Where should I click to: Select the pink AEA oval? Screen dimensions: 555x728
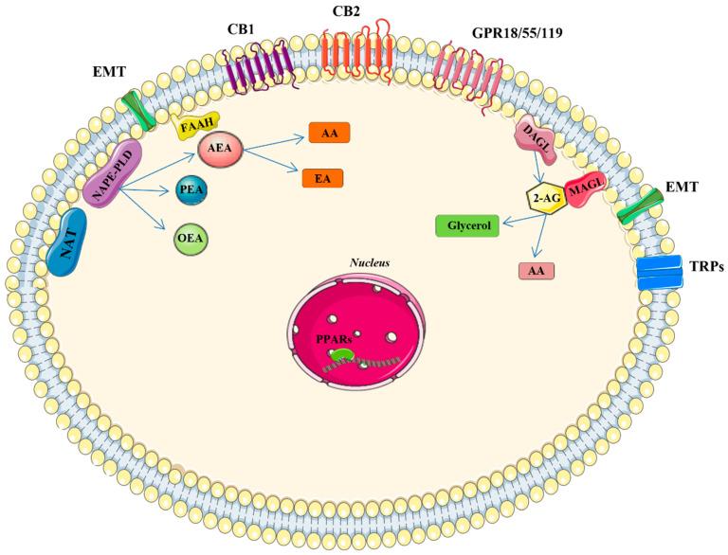(x=231, y=150)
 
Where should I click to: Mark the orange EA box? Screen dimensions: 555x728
(x=322, y=177)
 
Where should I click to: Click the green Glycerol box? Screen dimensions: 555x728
(x=466, y=226)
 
